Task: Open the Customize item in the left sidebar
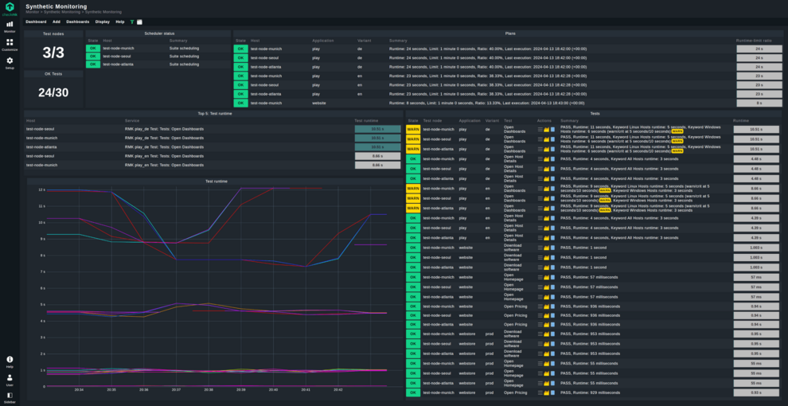(10, 44)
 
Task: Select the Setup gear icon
(10, 62)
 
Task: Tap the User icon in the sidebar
(10, 379)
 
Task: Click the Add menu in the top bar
(56, 21)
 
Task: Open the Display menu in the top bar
(102, 21)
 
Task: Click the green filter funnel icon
(132, 21)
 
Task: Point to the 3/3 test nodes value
(53, 53)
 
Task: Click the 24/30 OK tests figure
(53, 92)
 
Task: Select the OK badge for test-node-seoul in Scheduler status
(93, 57)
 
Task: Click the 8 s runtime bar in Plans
(759, 103)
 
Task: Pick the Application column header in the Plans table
(322, 40)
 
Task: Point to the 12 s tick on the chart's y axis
(41, 189)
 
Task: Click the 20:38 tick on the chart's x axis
(209, 390)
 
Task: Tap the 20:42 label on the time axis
(338, 390)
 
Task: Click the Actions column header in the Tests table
(544, 120)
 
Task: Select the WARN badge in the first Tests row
(413, 129)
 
